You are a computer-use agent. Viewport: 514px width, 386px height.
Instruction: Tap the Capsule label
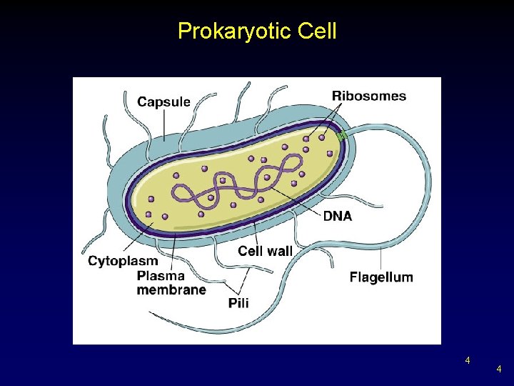pyautogui.click(x=163, y=102)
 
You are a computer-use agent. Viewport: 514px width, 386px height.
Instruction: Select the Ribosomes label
pyautogui.click(x=368, y=96)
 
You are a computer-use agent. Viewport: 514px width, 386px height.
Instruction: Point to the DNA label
pyautogui.click(x=338, y=215)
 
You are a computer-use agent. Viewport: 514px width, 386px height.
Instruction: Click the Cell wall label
pyautogui.click(x=265, y=251)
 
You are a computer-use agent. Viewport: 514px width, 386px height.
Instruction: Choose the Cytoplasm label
pyautogui.click(x=123, y=261)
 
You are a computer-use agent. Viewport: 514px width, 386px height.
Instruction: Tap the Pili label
pyautogui.click(x=238, y=303)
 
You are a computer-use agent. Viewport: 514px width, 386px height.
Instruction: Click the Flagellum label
pyautogui.click(x=381, y=277)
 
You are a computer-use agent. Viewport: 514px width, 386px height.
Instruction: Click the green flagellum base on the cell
pyautogui.click(x=341, y=135)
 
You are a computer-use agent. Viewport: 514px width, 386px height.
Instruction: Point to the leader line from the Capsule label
pyautogui.click(x=164, y=125)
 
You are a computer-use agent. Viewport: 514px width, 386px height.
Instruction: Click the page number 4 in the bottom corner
pyautogui.click(x=499, y=369)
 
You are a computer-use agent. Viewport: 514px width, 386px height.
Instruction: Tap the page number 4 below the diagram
pyautogui.click(x=468, y=360)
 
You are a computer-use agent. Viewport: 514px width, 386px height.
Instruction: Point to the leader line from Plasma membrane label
pyautogui.click(x=174, y=247)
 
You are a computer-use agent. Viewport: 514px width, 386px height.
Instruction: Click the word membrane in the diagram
pyautogui.click(x=171, y=289)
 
